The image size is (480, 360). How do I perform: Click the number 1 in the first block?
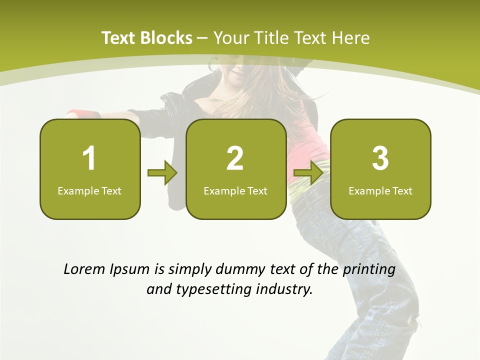(x=89, y=158)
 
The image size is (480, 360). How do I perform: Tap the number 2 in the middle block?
(x=235, y=158)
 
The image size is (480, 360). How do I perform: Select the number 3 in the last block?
(x=380, y=158)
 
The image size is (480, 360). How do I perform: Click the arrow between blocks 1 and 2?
(x=162, y=173)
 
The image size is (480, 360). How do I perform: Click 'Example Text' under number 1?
(x=89, y=190)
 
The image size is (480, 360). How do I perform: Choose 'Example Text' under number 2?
(x=235, y=190)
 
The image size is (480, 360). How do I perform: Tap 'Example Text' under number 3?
(x=380, y=190)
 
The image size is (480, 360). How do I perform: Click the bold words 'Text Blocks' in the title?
(x=147, y=38)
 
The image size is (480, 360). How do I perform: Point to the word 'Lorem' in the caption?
(x=84, y=269)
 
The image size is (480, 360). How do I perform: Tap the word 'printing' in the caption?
(x=368, y=270)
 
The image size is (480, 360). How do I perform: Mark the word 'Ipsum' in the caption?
(x=129, y=270)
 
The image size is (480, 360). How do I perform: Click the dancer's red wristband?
(x=78, y=113)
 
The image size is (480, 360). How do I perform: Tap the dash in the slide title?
(x=202, y=38)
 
